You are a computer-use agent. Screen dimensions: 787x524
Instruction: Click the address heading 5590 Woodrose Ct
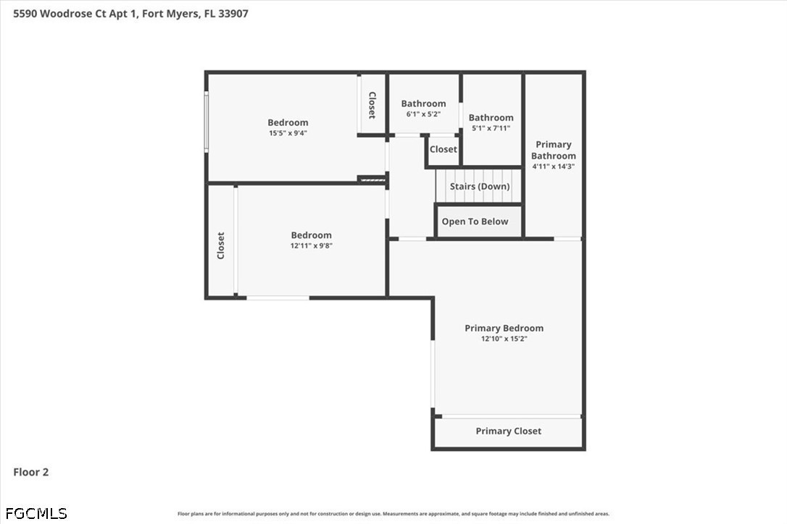(130, 14)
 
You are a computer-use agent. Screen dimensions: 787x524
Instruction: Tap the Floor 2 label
(30, 472)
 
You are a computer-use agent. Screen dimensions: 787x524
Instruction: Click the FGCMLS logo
(36, 513)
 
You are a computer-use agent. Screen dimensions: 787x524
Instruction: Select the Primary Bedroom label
(504, 328)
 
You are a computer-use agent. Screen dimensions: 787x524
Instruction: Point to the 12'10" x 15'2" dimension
(504, 339)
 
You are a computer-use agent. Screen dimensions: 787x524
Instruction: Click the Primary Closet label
(509, 431)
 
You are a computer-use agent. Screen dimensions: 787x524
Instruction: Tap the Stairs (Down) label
(479, 186)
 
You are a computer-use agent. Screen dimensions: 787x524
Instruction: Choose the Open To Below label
(475, 221)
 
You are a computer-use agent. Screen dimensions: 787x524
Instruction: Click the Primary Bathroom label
(554, 150)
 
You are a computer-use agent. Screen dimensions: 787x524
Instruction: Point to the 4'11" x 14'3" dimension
(554, 166)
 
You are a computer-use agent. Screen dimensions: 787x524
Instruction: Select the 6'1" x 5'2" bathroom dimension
(423, 114)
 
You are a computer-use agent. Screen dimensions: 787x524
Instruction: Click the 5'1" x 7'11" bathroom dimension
(491, 128)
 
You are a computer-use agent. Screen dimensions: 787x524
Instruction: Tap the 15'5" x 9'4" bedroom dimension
(288, 133)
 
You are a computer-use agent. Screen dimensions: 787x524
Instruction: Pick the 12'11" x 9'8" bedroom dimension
(311, 245)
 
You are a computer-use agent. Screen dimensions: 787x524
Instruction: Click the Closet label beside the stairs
(444, 149)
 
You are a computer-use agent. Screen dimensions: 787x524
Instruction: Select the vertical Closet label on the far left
(221, 245)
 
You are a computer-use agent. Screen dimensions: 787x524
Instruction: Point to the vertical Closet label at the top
(372, 105)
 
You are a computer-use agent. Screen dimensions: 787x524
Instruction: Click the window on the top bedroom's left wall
(207, 122)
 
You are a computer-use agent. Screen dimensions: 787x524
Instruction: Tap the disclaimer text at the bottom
(393, 513)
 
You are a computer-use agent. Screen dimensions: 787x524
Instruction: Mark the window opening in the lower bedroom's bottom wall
(278, 298)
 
